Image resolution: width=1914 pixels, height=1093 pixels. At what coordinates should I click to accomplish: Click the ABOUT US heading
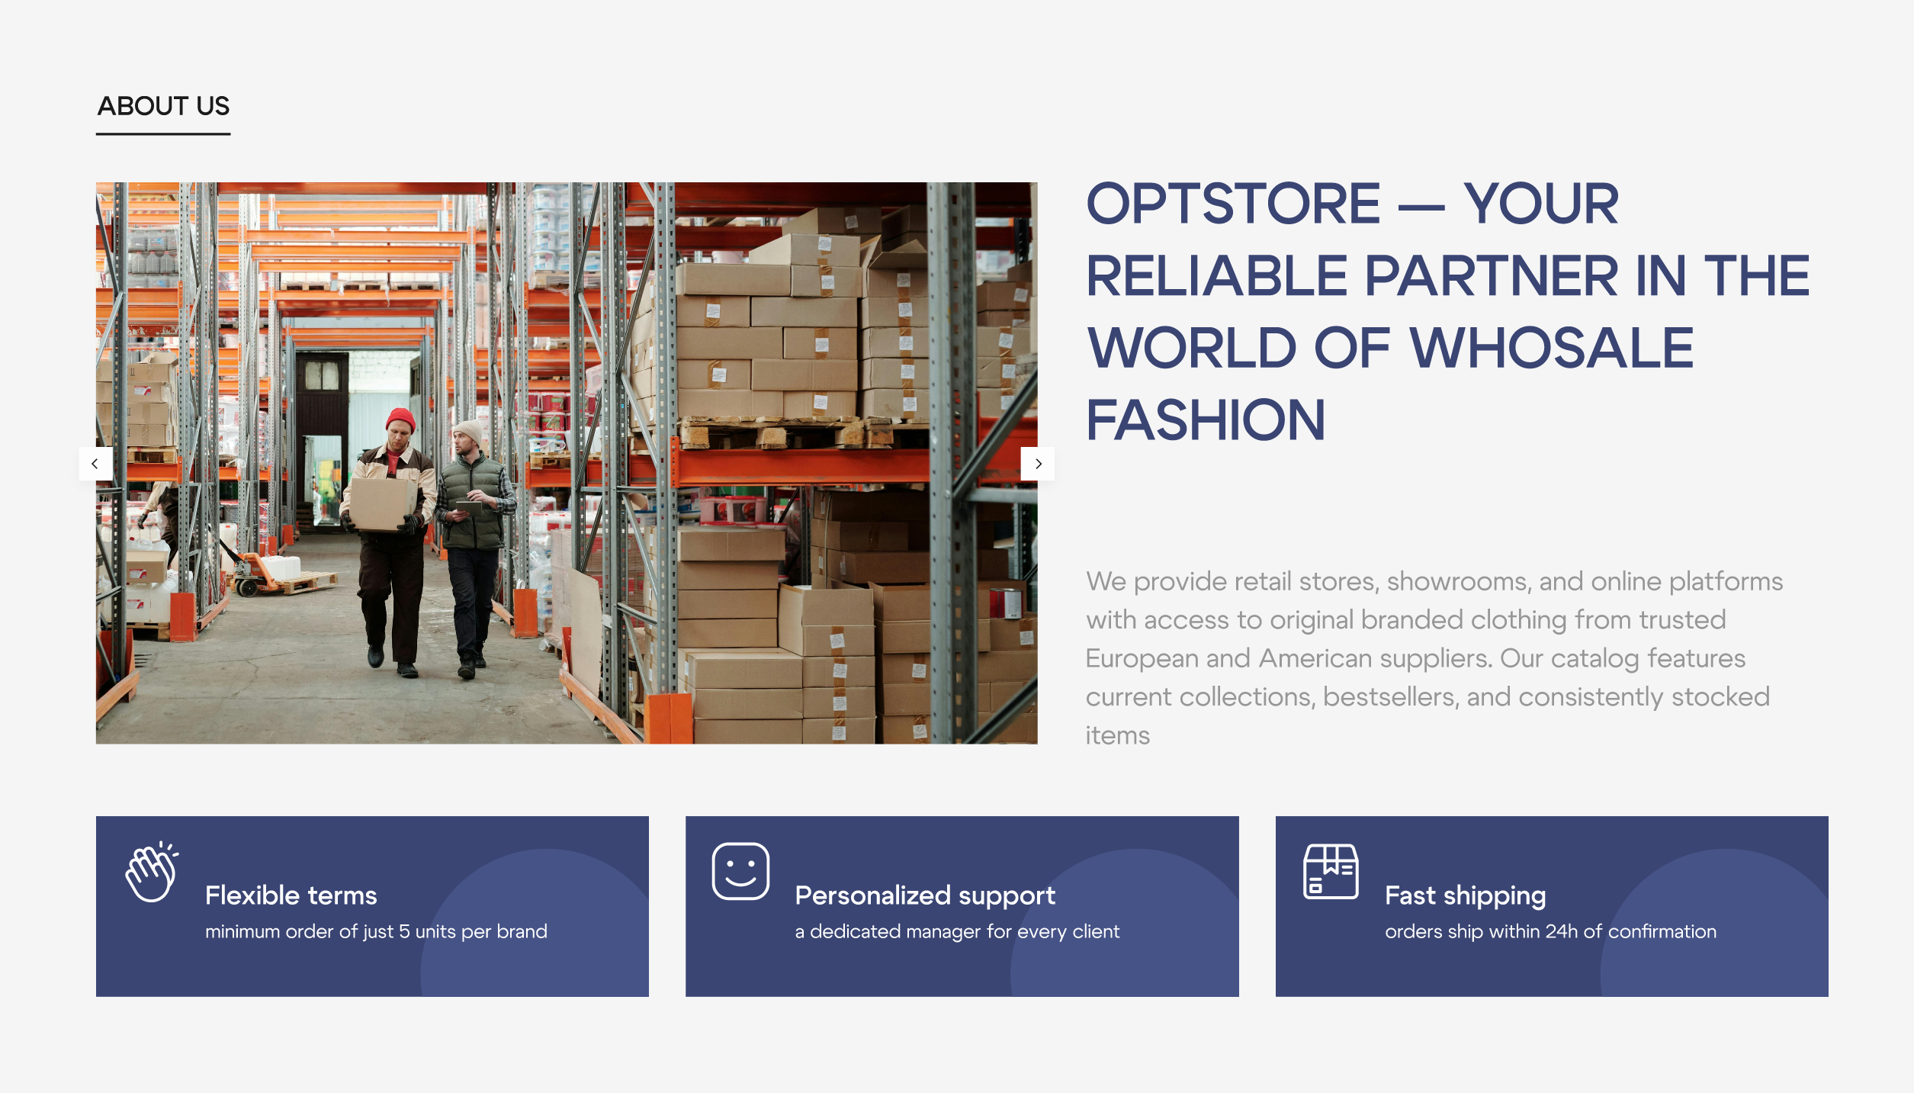point(163,106)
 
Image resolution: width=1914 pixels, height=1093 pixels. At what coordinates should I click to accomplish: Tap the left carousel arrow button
point(95,464)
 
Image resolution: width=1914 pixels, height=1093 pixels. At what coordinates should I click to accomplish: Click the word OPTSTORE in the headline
point(1233,204)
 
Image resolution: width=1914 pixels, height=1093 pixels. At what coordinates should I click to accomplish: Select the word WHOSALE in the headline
point(1551,348)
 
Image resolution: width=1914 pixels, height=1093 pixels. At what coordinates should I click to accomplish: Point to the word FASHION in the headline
point(1206,420)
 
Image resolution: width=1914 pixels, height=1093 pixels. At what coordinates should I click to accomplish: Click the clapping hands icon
point(153,871)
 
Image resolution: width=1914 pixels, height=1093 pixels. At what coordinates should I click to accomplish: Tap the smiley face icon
point(740,871)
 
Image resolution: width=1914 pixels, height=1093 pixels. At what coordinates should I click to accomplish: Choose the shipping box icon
point(1331,871)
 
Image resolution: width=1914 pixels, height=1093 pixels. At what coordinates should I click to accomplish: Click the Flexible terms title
point(291,895)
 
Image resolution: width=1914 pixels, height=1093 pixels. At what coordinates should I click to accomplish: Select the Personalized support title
point(925,896)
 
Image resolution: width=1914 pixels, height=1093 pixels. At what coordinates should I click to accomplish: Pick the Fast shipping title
point(1466,896)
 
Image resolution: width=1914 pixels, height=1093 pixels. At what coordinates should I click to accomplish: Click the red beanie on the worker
point(400,420)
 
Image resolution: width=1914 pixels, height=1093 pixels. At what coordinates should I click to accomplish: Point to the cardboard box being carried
point(382,503)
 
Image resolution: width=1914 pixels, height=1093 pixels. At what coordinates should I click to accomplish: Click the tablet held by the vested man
point(468,507)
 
